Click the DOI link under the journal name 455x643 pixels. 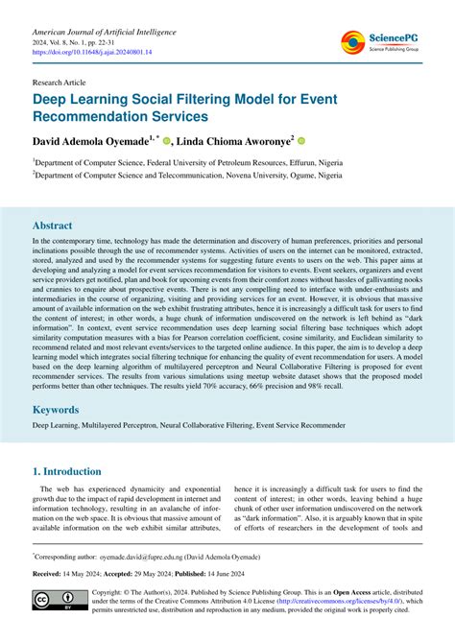click(95, 56)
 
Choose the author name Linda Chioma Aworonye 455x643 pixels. click(232, 140)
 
